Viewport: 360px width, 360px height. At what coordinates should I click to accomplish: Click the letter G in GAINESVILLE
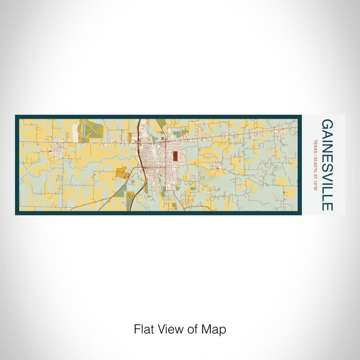[x=327, y=124]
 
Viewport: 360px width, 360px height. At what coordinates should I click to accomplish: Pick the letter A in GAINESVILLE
[x=327, y=133]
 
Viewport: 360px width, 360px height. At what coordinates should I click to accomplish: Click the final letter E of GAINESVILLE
[x=327, y=206]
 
